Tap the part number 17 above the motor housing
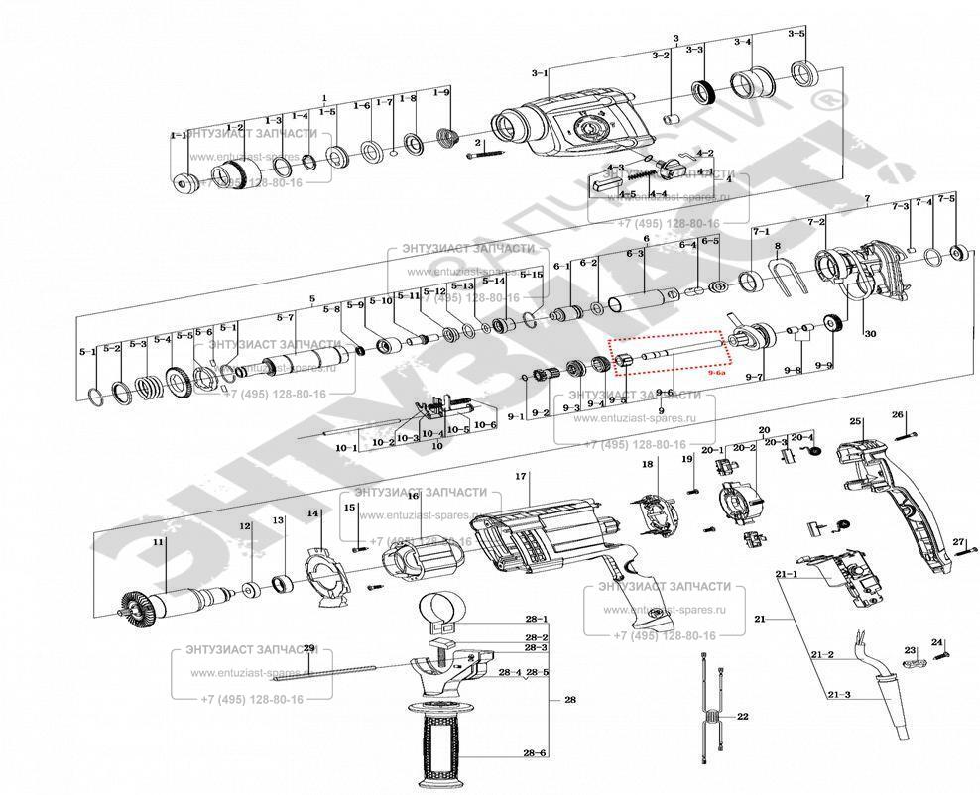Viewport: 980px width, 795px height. click(519, 477)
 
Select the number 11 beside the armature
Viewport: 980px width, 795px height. click(157, 542)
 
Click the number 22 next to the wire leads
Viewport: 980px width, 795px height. click(741, 715)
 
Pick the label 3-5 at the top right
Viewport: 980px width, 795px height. click(796, 34)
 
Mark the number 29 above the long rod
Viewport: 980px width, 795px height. click(308, 648)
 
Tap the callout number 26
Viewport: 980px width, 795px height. click(898, 414)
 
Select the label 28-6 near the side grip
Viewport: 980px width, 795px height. click(535, 753)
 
